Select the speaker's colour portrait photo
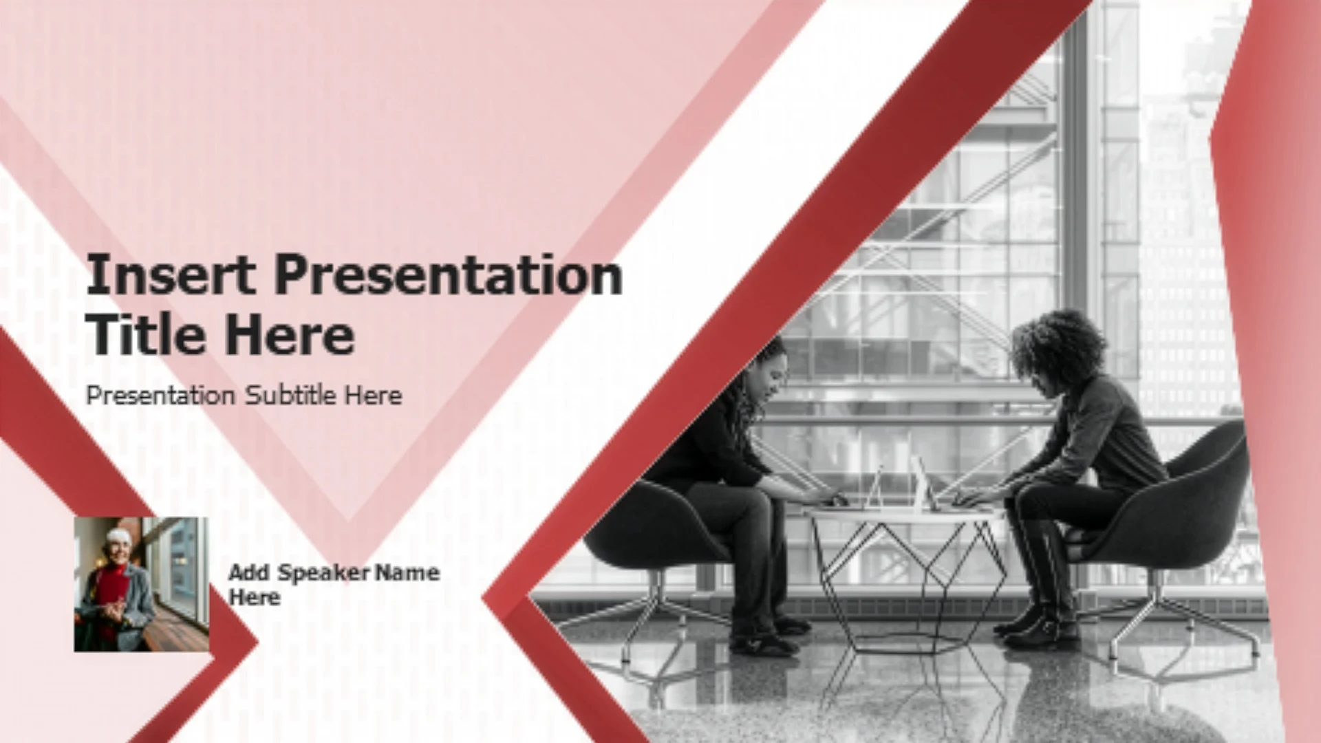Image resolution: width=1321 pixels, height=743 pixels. pyautogui.click(x=141, y=584)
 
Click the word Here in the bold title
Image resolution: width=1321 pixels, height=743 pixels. pyautogui.click(x=290, y=334)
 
